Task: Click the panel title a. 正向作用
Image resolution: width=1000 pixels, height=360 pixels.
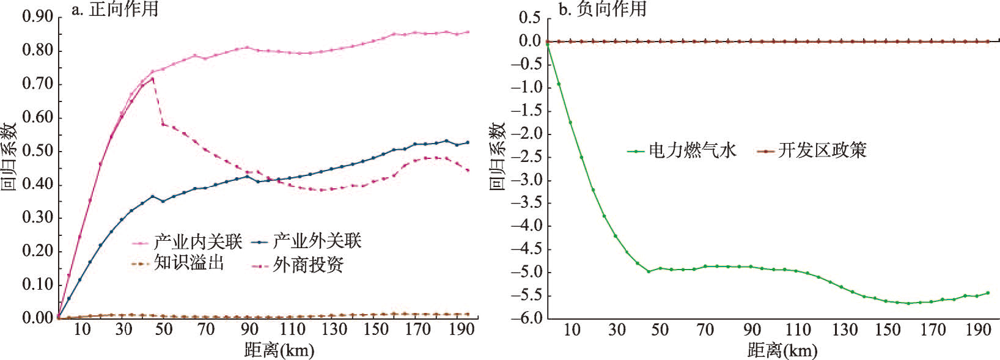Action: (114, 9)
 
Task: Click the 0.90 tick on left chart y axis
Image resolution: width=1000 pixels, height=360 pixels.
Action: (38, 17)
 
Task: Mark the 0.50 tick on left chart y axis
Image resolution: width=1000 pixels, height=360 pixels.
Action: (38, 152)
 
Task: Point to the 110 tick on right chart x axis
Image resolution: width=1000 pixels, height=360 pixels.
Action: (798, 330)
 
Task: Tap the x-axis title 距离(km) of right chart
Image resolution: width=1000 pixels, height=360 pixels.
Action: (781, 350)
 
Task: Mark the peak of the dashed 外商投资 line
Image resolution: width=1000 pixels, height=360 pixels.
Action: (152, 78)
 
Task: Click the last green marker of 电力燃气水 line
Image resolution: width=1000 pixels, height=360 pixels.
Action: (988, 293)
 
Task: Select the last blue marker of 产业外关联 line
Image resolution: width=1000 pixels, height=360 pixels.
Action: (468, 142)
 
